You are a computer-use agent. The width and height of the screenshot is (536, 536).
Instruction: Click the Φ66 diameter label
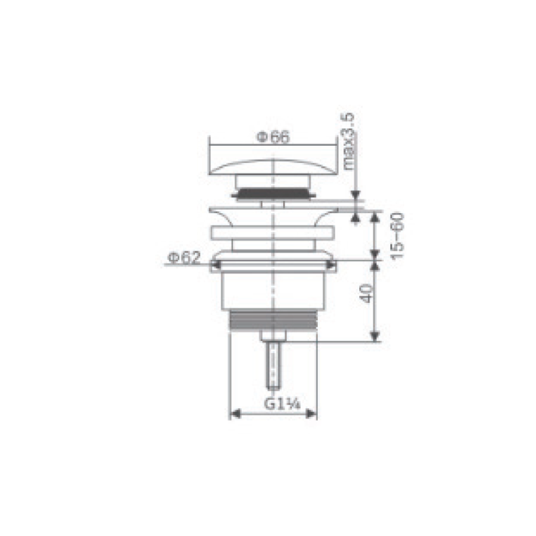(x=273, y=137)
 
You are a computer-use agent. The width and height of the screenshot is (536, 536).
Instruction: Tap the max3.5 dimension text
(x=348, y=142)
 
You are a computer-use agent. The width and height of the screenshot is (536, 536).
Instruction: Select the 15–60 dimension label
(x=397, y=236)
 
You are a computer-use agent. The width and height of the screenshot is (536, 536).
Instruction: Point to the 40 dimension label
(x=366, y=293)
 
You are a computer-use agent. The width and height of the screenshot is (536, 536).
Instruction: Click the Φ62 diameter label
(x=183, y=258)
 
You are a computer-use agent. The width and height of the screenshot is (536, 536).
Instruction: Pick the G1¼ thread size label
(x=282, y=404)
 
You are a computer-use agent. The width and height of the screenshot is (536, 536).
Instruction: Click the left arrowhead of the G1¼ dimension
(x=235, y=414)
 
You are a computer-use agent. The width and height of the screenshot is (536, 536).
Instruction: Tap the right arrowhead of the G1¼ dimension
(x=311, y=414)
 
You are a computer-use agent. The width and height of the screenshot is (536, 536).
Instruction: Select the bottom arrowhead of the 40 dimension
(x=375, y=336)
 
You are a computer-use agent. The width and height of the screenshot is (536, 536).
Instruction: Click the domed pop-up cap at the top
(x=273, y=168)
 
